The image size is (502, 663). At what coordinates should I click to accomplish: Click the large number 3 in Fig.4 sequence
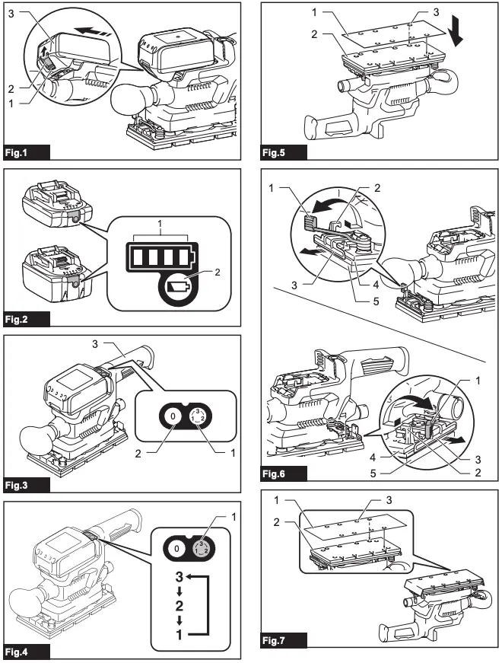coord(180,576)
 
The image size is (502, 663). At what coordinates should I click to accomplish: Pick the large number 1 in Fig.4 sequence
coord(180,631)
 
